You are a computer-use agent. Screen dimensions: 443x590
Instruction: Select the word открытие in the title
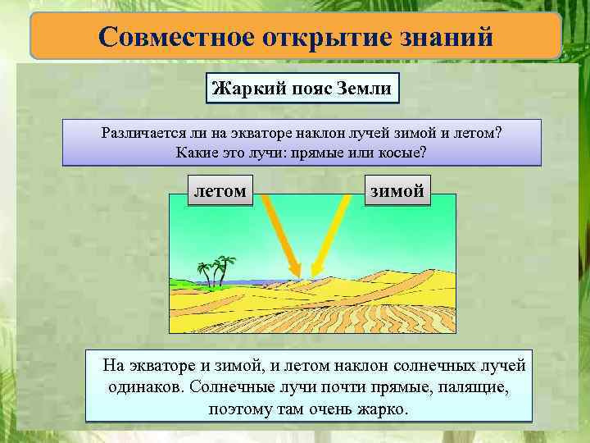tap(314, 38)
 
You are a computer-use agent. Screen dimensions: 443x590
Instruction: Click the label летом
tap(219, 190)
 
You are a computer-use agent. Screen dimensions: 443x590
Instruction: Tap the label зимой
tap(397, 191)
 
